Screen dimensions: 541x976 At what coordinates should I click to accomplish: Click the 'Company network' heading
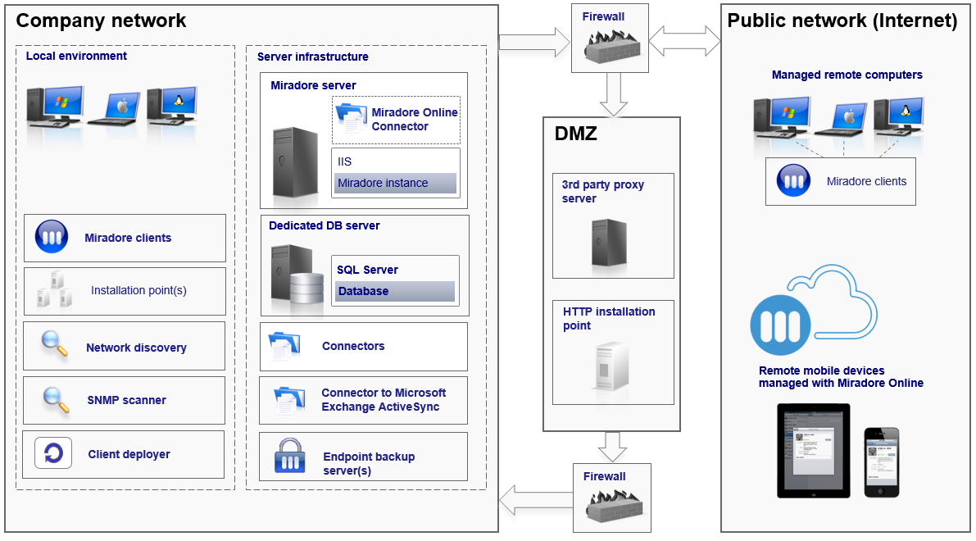(x=102, y=21)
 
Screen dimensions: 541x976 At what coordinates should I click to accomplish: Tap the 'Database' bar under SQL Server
(x=394, y=291)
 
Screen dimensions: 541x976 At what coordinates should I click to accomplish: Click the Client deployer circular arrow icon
(x=53, y=453)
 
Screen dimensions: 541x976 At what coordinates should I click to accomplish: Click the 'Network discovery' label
(x=136, y=348)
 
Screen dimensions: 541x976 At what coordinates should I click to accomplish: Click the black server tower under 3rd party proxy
(x=609, y=242)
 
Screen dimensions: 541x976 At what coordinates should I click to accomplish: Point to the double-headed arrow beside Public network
(x=684, y=39)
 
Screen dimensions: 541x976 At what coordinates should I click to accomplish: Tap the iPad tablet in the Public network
(x=813, y=450)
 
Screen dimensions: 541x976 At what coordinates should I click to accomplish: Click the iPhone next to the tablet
(x=882, y=461)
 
